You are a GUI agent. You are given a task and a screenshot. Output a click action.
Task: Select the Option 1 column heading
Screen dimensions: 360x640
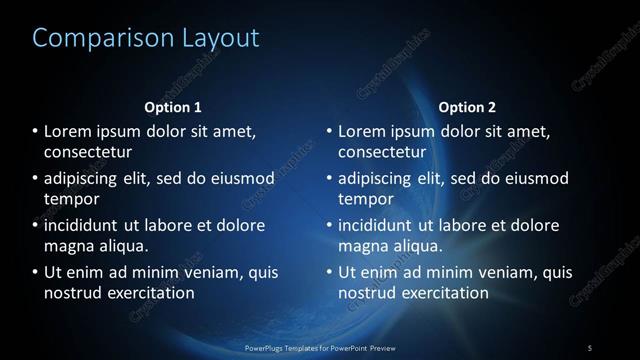tap(173, 107)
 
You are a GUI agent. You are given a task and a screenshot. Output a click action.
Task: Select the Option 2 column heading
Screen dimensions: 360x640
tap(467, 107)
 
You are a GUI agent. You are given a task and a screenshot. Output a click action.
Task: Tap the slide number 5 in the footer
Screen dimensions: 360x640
tap(590, 347)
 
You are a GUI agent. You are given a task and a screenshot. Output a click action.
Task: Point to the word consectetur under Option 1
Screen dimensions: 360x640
tap(88, 152)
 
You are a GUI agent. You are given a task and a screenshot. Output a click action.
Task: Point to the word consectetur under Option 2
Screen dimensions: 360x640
tap(382, 152)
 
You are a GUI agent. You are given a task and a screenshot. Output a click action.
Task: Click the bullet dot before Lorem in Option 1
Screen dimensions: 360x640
tap(35, 132)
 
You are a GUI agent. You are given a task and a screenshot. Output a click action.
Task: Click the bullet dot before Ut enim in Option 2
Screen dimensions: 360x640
tap(329, 272)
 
